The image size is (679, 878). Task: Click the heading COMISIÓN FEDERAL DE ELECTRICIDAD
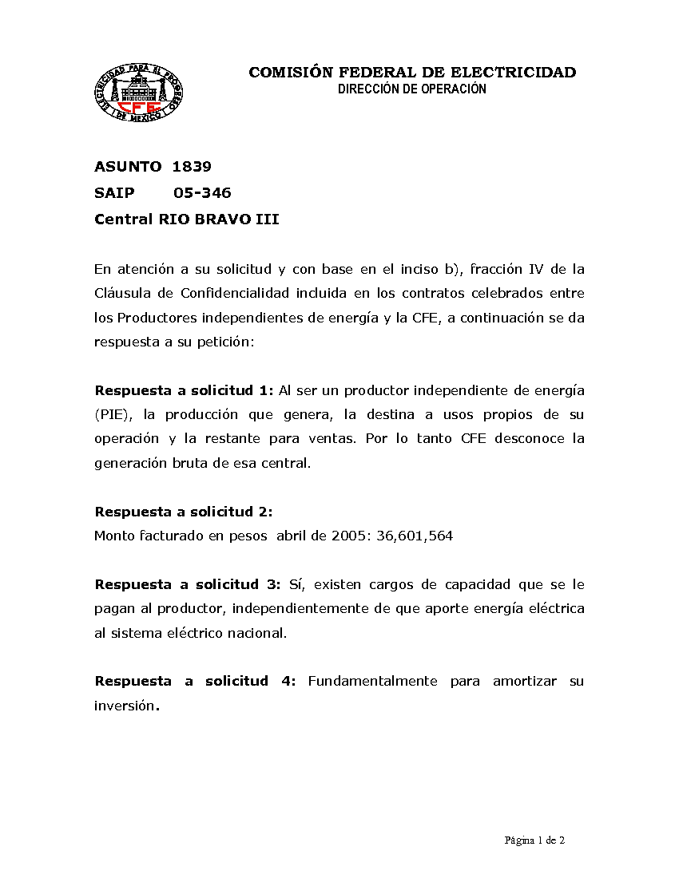click(x=412, y=73)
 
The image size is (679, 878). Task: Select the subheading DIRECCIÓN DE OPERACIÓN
click(x=411, y=89)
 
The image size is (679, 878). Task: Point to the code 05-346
click(x=202, y=192)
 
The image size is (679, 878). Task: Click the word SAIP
click(x=114, y=192)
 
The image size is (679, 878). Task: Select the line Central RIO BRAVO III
click(x=187, y=219)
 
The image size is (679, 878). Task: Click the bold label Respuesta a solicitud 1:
click(x=185, y=390)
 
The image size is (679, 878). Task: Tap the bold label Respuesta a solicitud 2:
click(x=184, y=512)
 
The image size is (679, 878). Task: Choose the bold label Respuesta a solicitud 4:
click(x=195, y=681)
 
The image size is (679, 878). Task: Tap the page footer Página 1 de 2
click(x=534, y=840)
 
